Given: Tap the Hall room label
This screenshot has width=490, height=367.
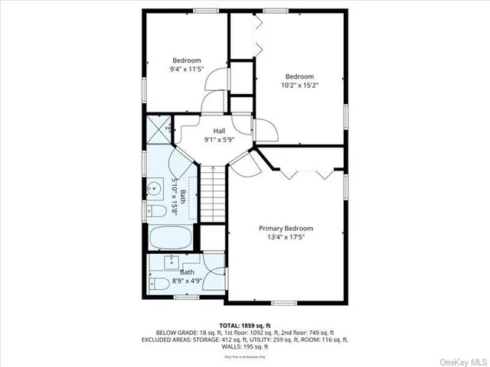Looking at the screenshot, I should [220, 131].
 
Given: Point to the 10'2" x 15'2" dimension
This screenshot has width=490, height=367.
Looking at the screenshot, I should [300, 86].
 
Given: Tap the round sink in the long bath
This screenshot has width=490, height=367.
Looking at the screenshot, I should [156, 187].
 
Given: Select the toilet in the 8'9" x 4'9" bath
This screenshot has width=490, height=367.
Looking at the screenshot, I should [161, 284].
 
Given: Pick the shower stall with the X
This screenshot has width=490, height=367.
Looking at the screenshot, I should [158, 128].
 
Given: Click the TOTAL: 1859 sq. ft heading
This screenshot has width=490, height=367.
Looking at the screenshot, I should [244, 324].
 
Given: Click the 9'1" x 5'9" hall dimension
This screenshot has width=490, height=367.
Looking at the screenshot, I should [220, 141].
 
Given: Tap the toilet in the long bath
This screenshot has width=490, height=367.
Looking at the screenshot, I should [155, 210].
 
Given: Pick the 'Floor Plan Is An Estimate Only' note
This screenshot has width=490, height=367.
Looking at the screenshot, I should [244, 356].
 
